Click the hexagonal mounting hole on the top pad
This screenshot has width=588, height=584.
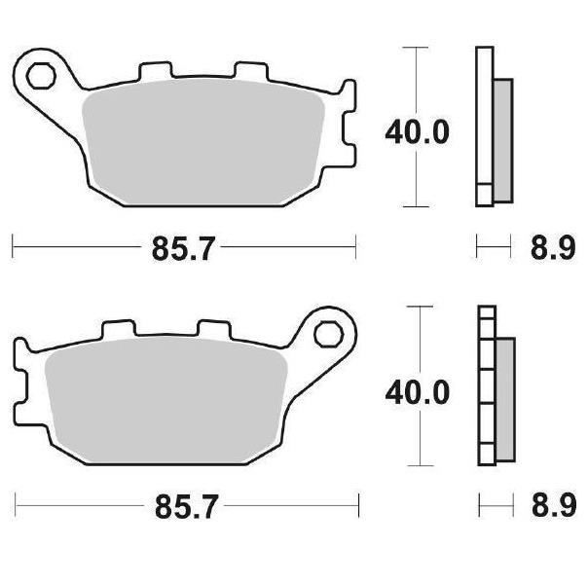click(41, 76)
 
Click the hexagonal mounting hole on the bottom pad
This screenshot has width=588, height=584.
click(329, 335)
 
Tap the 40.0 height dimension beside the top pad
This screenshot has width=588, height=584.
click(417, 132)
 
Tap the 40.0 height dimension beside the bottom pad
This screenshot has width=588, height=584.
click(417, 392)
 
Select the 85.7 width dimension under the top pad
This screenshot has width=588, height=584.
click(183, 248)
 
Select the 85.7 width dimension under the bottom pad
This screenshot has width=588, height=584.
click(186, 507)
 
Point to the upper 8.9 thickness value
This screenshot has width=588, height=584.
click(553, 248)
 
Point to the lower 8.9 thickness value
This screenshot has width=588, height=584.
click(554, 506)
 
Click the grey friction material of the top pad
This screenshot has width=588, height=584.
click(202, 142)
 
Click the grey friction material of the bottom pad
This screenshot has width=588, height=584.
click(165, 400)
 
